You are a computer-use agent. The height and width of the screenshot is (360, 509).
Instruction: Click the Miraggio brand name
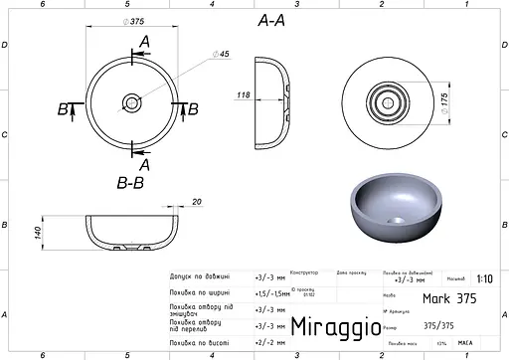tap(332, 327)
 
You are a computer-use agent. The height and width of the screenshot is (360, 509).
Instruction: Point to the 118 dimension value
tap(242, 95)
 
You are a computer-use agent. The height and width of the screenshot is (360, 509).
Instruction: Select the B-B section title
tap(131, 183)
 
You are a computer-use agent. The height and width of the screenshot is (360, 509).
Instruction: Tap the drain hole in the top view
tap(131, 101)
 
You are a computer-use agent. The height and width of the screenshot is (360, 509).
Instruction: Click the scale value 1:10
tap(482, 279)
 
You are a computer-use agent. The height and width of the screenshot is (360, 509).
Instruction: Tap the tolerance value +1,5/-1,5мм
tap(270, 292)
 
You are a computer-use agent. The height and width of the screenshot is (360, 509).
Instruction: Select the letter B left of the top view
tap(63, 108)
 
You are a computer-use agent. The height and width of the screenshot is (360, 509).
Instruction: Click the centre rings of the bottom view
tap(384, 101)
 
